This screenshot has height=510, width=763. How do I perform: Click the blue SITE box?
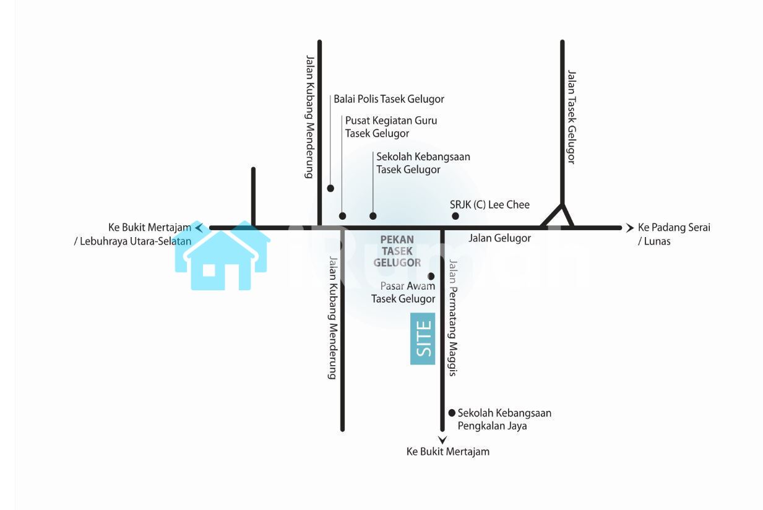[x=423, y=339]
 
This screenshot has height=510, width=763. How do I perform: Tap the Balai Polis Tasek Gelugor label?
[x=389, y=99]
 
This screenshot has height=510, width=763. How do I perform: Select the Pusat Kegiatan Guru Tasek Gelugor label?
[x=390, y=127]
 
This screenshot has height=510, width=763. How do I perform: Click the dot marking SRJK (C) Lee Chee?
[x=455, y=216]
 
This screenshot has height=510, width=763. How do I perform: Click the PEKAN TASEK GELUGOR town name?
[x=397, y=251]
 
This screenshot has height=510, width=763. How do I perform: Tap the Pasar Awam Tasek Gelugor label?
[x=403, y=292]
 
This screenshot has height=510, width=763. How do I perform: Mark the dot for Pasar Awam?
[x=431, y=276]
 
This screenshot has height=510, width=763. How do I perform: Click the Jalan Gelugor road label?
[x=499, y=238]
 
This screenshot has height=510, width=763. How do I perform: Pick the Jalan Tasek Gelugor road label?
[x=571, y=116]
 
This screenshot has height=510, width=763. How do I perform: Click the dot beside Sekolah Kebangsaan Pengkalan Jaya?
[x=452, y=413]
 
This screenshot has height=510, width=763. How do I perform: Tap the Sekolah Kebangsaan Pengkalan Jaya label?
[x=504, y=419]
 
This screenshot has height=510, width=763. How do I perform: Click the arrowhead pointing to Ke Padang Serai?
[x=630, y=228]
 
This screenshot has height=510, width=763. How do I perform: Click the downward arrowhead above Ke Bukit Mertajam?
[x=442, y=440]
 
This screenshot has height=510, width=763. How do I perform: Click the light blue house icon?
[x=223, y=257]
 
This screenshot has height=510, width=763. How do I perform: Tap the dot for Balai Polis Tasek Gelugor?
[x=330, y=188]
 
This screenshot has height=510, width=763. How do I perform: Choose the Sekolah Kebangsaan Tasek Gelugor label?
[x=423, y=163]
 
